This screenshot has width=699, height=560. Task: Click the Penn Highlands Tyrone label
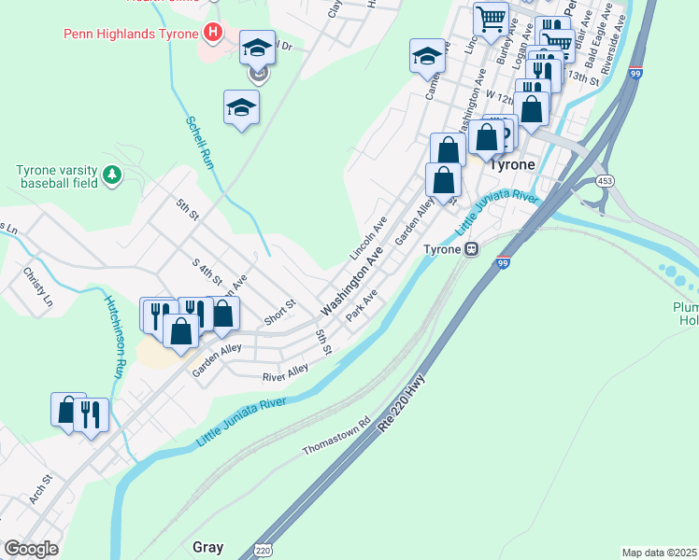pos(130,35)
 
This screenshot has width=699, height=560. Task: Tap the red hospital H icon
pos(214,35)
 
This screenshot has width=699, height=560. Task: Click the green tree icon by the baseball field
pos(112,174)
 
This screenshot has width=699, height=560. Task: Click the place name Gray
pos(207,546)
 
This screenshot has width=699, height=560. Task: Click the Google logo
pos(31,549)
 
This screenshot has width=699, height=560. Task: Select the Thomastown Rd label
pos(336,436)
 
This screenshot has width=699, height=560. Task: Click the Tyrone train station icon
pos(472,249)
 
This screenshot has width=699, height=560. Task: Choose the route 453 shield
pos(606,181)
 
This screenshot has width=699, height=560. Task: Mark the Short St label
pos(279,305)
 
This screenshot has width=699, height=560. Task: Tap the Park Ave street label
pos(361,305)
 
